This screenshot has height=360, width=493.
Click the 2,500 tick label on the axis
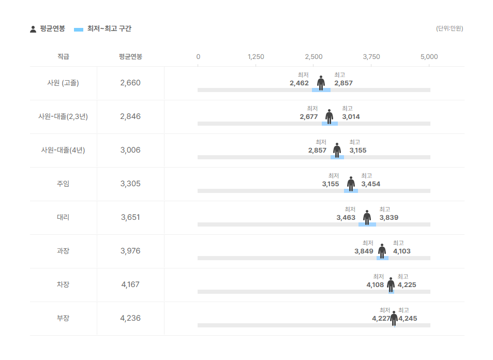tap(313, 57)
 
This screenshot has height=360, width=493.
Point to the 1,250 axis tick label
tap(256, 57)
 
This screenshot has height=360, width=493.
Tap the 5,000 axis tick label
tap(429, 57)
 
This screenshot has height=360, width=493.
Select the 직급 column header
tap(63, 57)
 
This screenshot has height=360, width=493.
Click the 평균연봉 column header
tap(130, 57)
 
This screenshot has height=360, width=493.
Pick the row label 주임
tap(63, 184)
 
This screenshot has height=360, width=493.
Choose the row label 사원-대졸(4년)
tap(63, 150)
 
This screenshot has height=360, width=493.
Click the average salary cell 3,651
tap(130, 217)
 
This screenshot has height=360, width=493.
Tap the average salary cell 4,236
tap(130, 318)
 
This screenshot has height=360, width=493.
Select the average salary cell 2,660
tap(130, 83)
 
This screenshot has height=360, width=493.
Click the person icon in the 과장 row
tap(382, 251)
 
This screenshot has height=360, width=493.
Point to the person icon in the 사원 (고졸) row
tap(321, 83)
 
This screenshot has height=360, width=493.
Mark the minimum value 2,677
tap(308, 117)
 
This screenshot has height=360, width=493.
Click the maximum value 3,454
tap(370, 184)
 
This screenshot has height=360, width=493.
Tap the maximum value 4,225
tap(407, 285)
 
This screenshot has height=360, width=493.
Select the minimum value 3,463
tap(346, 218)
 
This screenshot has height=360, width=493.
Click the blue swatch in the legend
tap(79, 29)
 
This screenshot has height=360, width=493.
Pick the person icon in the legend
tap(33, 29)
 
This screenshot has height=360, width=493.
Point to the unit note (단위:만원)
tap(450, 28)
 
